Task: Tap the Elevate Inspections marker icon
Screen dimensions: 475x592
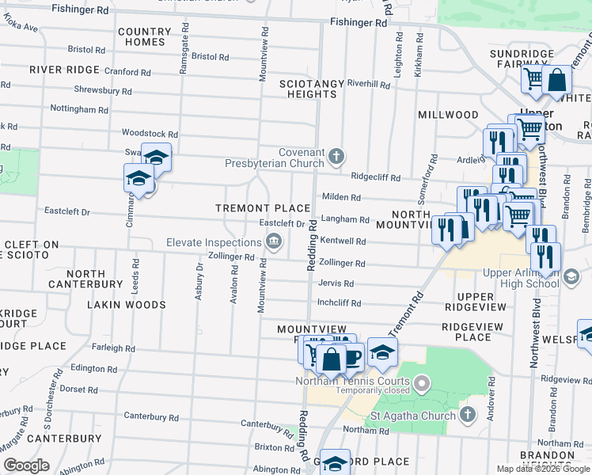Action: (x=274, y=241)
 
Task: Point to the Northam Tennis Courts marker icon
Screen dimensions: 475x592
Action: (x=422, y=386)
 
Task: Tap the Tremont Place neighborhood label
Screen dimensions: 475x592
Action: (x=264, y=208)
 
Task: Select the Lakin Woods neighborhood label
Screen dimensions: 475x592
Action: (x=127, y=305)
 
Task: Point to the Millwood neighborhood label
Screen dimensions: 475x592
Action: (x=449, y=115)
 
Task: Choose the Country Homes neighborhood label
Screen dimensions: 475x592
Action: (x=144, y=37)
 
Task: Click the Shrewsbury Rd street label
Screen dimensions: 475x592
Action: (x=103, y=90)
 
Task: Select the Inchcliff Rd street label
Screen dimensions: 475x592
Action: (x=339, y=303)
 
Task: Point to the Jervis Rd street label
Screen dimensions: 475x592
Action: (x=336, y=283)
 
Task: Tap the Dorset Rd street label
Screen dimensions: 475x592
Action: (x=78, y=389)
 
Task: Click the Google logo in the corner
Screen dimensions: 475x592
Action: (x=26, y=465)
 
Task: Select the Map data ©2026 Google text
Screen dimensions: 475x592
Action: (x=542, y=469)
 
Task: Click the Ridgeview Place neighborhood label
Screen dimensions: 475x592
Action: (x=467, y=332)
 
